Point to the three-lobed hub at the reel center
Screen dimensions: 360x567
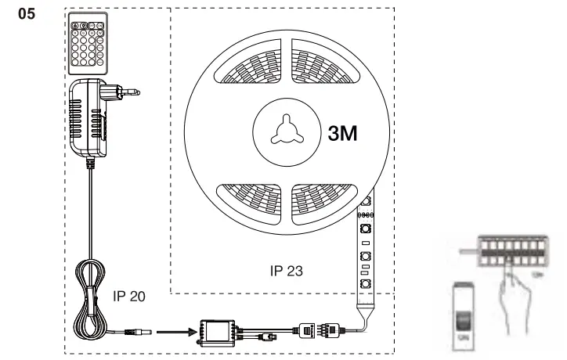pos(280,134)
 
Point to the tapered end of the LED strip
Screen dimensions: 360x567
pos(363,302)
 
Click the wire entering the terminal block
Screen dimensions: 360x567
pos(469,251)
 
